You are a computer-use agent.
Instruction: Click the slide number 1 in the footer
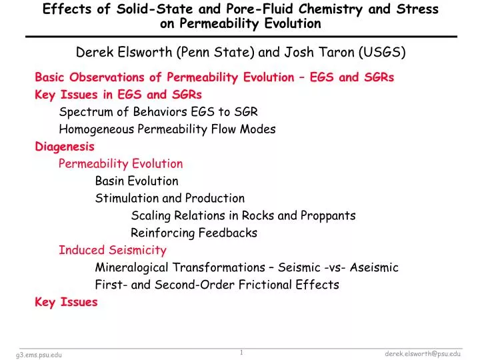[x=241, y=352]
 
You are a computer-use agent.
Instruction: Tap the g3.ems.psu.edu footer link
[x=39, y=355]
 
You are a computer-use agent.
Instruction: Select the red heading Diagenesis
[x=65, y=147]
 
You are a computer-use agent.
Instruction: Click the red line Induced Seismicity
[x=113, y=251]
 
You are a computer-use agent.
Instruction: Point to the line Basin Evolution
[x=137, y=181]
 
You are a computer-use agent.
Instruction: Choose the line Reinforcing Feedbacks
[x=193, y=233]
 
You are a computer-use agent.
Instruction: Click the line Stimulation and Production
[x=170, y=199]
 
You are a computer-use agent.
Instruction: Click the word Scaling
[x=151, y=216]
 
